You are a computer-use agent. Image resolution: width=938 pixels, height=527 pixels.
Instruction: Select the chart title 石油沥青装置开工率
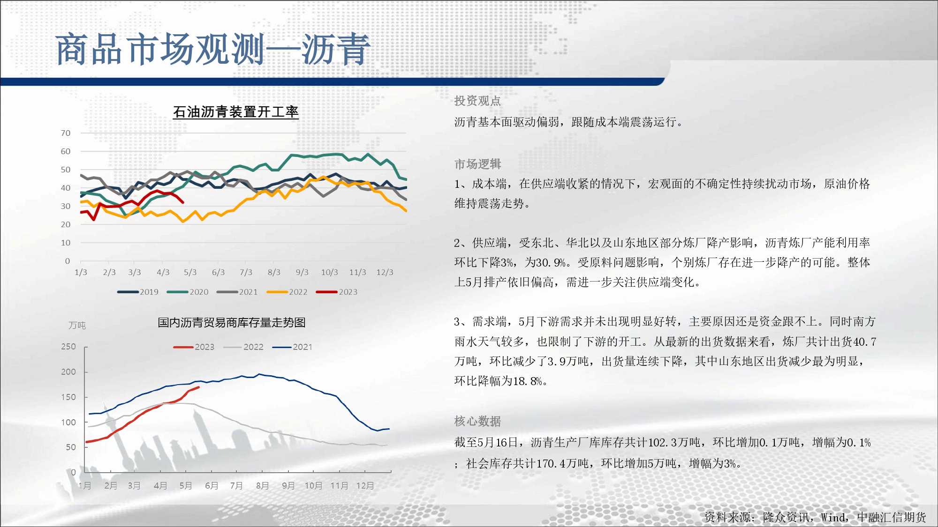[x=236, y=112]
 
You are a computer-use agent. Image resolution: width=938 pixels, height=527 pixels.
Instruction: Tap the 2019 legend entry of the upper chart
[x=138, y=292]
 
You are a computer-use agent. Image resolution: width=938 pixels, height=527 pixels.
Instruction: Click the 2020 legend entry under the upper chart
[x=188, y=292]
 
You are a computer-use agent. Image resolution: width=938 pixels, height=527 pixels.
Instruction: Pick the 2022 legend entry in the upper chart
[x=287, y=292]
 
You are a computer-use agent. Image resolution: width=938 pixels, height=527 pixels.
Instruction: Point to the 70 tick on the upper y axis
[x=66, y=133]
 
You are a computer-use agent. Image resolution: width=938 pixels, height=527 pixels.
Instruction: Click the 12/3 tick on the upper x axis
[x=385, y=272]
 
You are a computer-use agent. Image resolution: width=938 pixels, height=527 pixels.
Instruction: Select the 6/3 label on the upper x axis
[x=218, y=272]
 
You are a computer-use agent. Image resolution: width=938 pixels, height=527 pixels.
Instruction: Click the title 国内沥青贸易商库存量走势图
[x=232, y=322]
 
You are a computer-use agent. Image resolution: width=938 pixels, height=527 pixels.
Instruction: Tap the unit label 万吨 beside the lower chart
[x=77, y=325]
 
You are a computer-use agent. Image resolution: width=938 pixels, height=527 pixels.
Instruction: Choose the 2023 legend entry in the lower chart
[x=194, y=347]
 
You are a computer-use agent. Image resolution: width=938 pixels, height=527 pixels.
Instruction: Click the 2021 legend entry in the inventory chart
[x=292, y=347]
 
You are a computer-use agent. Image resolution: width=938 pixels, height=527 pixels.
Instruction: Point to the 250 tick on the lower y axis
[x=68, y=347]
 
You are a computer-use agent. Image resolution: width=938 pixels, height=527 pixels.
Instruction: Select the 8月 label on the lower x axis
[x=263, y=486]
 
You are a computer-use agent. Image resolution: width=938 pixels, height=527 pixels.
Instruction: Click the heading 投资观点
[x=477, y=101]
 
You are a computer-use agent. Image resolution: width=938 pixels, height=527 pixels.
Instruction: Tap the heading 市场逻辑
[x=477, y=164]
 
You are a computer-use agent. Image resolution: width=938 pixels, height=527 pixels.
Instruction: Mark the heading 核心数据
[x=477, y=421]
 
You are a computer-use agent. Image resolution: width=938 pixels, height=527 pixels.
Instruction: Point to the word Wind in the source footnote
[x=833, y=517]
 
